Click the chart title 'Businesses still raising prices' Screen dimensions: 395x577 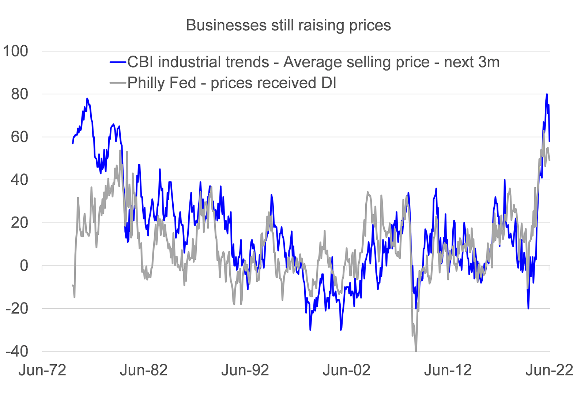coord(288,26)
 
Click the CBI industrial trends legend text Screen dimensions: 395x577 coord(313,63)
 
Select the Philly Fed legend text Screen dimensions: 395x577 coord(232,83)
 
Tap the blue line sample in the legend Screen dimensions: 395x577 coord(118,63)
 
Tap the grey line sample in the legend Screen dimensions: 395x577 coord(118,83)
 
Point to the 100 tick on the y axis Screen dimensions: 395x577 coord(15,51)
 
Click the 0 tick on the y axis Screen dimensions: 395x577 coord(24,266)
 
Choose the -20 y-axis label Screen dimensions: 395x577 coord(17,309)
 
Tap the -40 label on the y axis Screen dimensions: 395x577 coord(17,351)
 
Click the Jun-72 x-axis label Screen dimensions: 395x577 coord(42,370)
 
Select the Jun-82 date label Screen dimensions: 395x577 coord(144,370)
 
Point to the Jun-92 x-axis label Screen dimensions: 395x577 coord(245,370)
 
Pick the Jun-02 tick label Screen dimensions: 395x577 coord(347,370)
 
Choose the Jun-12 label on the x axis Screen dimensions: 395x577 coord(448,370)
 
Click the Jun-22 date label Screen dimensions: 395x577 coord(549,370)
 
